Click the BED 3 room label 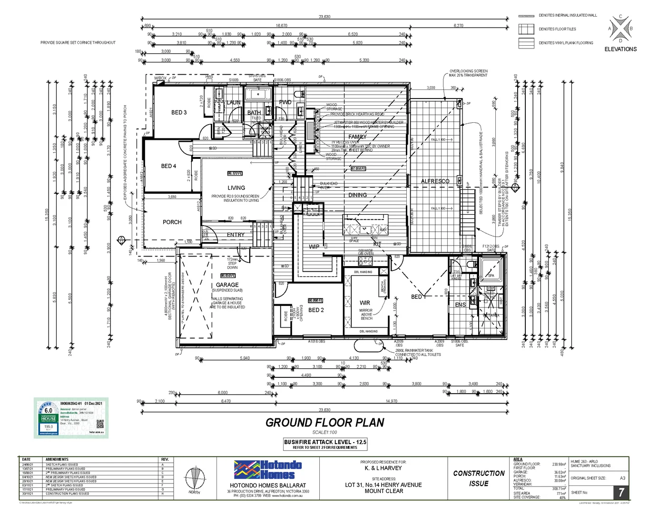point(179,112)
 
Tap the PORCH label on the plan point(172,222)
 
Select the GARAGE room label point(227,285)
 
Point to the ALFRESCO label point(435,181)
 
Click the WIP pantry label point(314,247)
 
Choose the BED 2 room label point(316,310)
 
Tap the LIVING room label point(236,188)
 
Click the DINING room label point(357,195)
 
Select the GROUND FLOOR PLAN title point(324,423)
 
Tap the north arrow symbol point(194,480)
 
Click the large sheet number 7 point(621,492)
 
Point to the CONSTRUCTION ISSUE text point(479,478)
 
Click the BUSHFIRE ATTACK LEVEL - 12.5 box point(325,444)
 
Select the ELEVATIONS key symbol point(620,29)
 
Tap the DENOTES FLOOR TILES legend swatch point(526,30)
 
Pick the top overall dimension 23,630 point(324,17)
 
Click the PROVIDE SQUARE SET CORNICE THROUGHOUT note point(78,43)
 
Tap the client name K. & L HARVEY point(383,468)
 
